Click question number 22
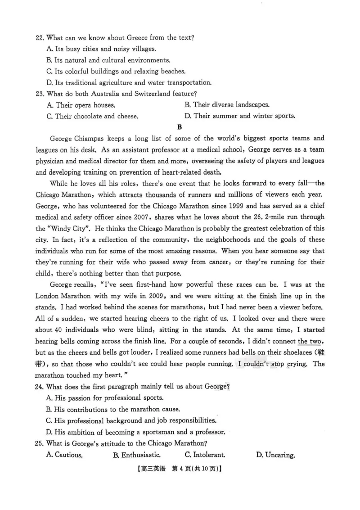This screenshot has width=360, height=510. tap(40, 38)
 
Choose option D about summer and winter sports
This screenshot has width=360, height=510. tap(240, 116)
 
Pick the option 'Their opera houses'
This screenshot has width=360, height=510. tap(81, 105)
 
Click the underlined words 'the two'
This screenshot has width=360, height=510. tap(309, 342)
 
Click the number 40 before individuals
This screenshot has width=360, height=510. tap(59, 330)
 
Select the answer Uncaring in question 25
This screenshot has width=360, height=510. tap(275, 455)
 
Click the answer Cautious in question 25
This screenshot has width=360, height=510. tap(64, 455)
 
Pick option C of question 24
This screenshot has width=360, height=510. tap(131, 421)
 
